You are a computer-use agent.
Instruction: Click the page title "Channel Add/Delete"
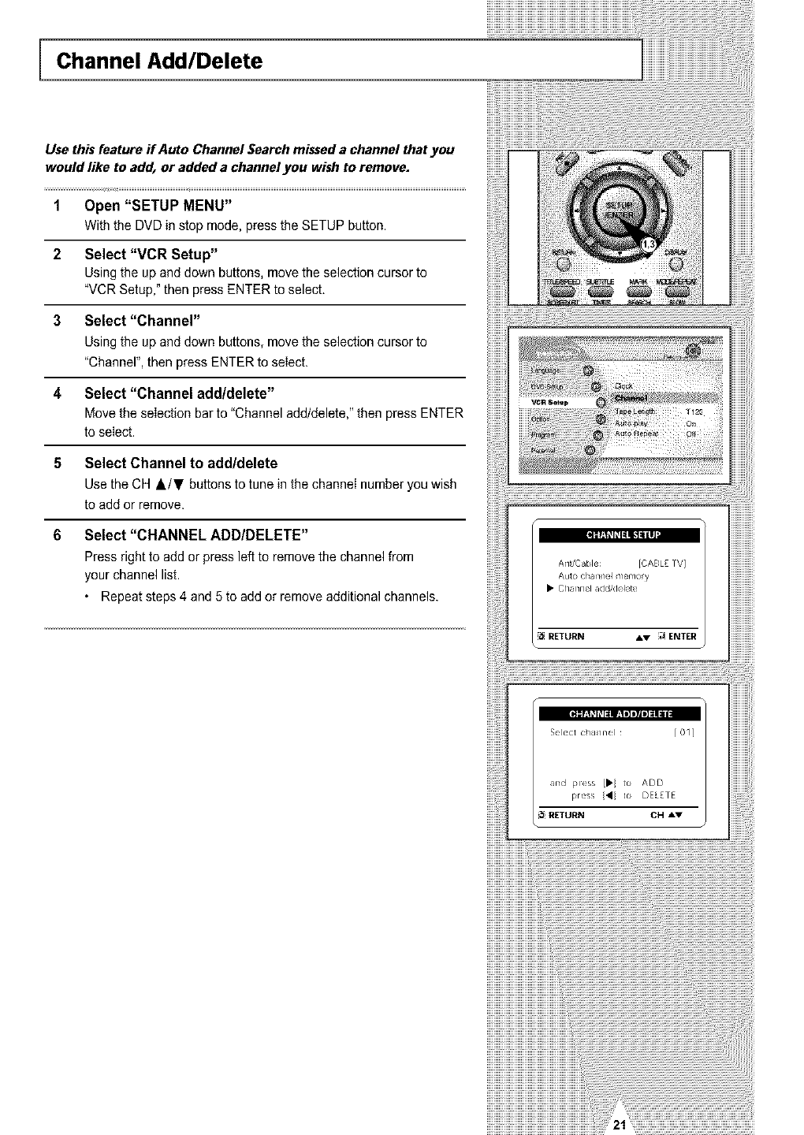tap(158, 61)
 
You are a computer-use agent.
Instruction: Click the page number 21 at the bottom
tap(620, 1126)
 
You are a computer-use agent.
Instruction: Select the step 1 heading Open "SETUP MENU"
tap(158, 206)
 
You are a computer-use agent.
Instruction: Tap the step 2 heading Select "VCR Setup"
tap(151, 254)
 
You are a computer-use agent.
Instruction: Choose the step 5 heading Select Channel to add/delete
tap(181, 463)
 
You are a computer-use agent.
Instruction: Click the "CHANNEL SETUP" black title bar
tap(619, 536)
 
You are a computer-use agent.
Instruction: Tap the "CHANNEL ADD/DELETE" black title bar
tap(619, 714)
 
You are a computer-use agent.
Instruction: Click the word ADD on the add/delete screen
tap(653, 783)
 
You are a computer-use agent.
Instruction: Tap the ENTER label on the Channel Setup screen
tap(683, 637)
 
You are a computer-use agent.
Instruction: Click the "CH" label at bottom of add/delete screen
tap(657, 815)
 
